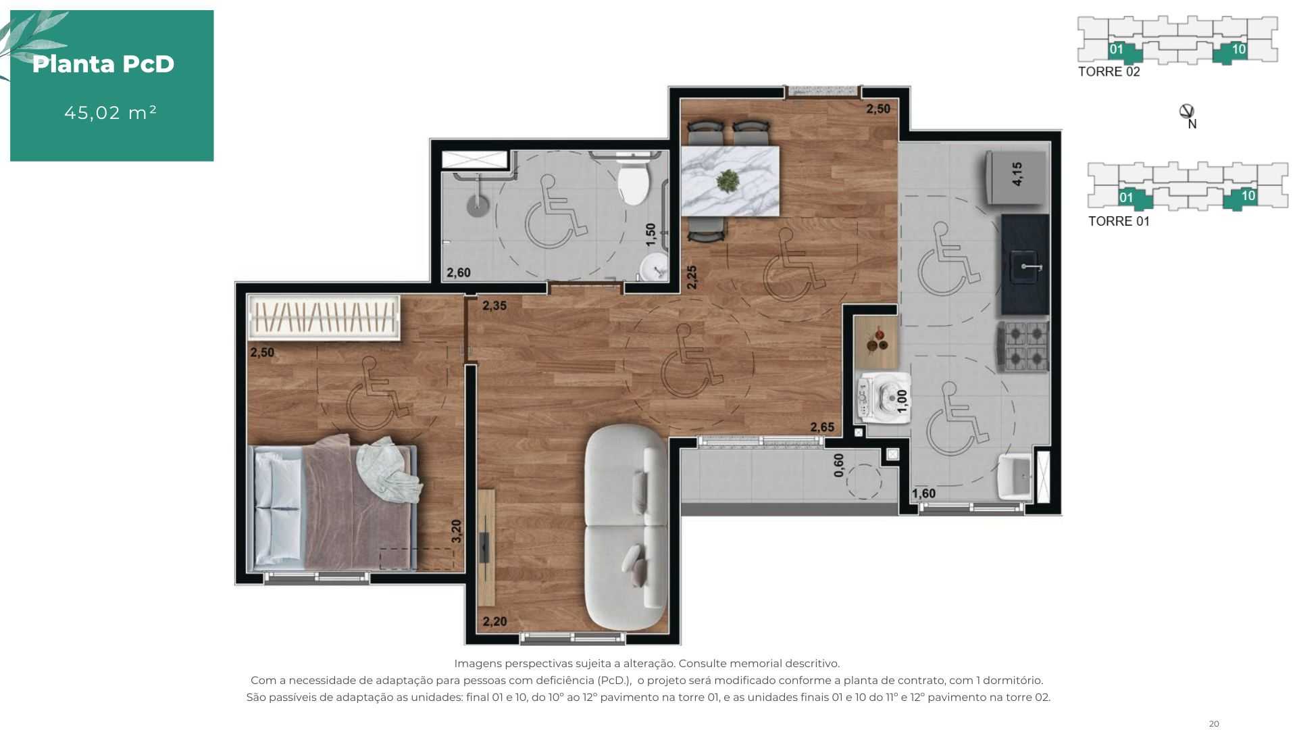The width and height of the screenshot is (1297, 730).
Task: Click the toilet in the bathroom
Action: tap(633, 179)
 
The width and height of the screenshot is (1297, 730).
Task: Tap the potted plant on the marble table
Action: tap(728, 180)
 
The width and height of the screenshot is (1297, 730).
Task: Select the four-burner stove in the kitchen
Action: tap(1023, 346)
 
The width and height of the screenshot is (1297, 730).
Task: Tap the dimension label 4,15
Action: tap(1017, 174)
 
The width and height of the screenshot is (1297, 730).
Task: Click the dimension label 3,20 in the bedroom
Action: tap(457, 531)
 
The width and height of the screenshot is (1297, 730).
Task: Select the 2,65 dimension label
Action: tap(822, 427)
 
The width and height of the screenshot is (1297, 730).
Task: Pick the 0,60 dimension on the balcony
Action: tap(839, 465)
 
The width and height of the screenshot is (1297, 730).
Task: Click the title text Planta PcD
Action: tap(103, 64)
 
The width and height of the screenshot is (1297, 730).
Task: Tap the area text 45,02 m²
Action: tap(111, 112)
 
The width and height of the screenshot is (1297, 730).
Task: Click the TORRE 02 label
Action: tap(1109, 72)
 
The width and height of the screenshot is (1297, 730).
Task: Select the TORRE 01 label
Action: tap(1119, 221)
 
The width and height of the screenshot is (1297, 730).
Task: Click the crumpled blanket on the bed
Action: tap(388, 470)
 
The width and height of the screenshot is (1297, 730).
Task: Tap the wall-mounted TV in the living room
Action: tap(485, 547)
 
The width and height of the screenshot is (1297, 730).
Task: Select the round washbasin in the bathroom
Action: tap(653, 268)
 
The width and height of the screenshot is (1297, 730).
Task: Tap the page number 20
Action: tap(1214, 724)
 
